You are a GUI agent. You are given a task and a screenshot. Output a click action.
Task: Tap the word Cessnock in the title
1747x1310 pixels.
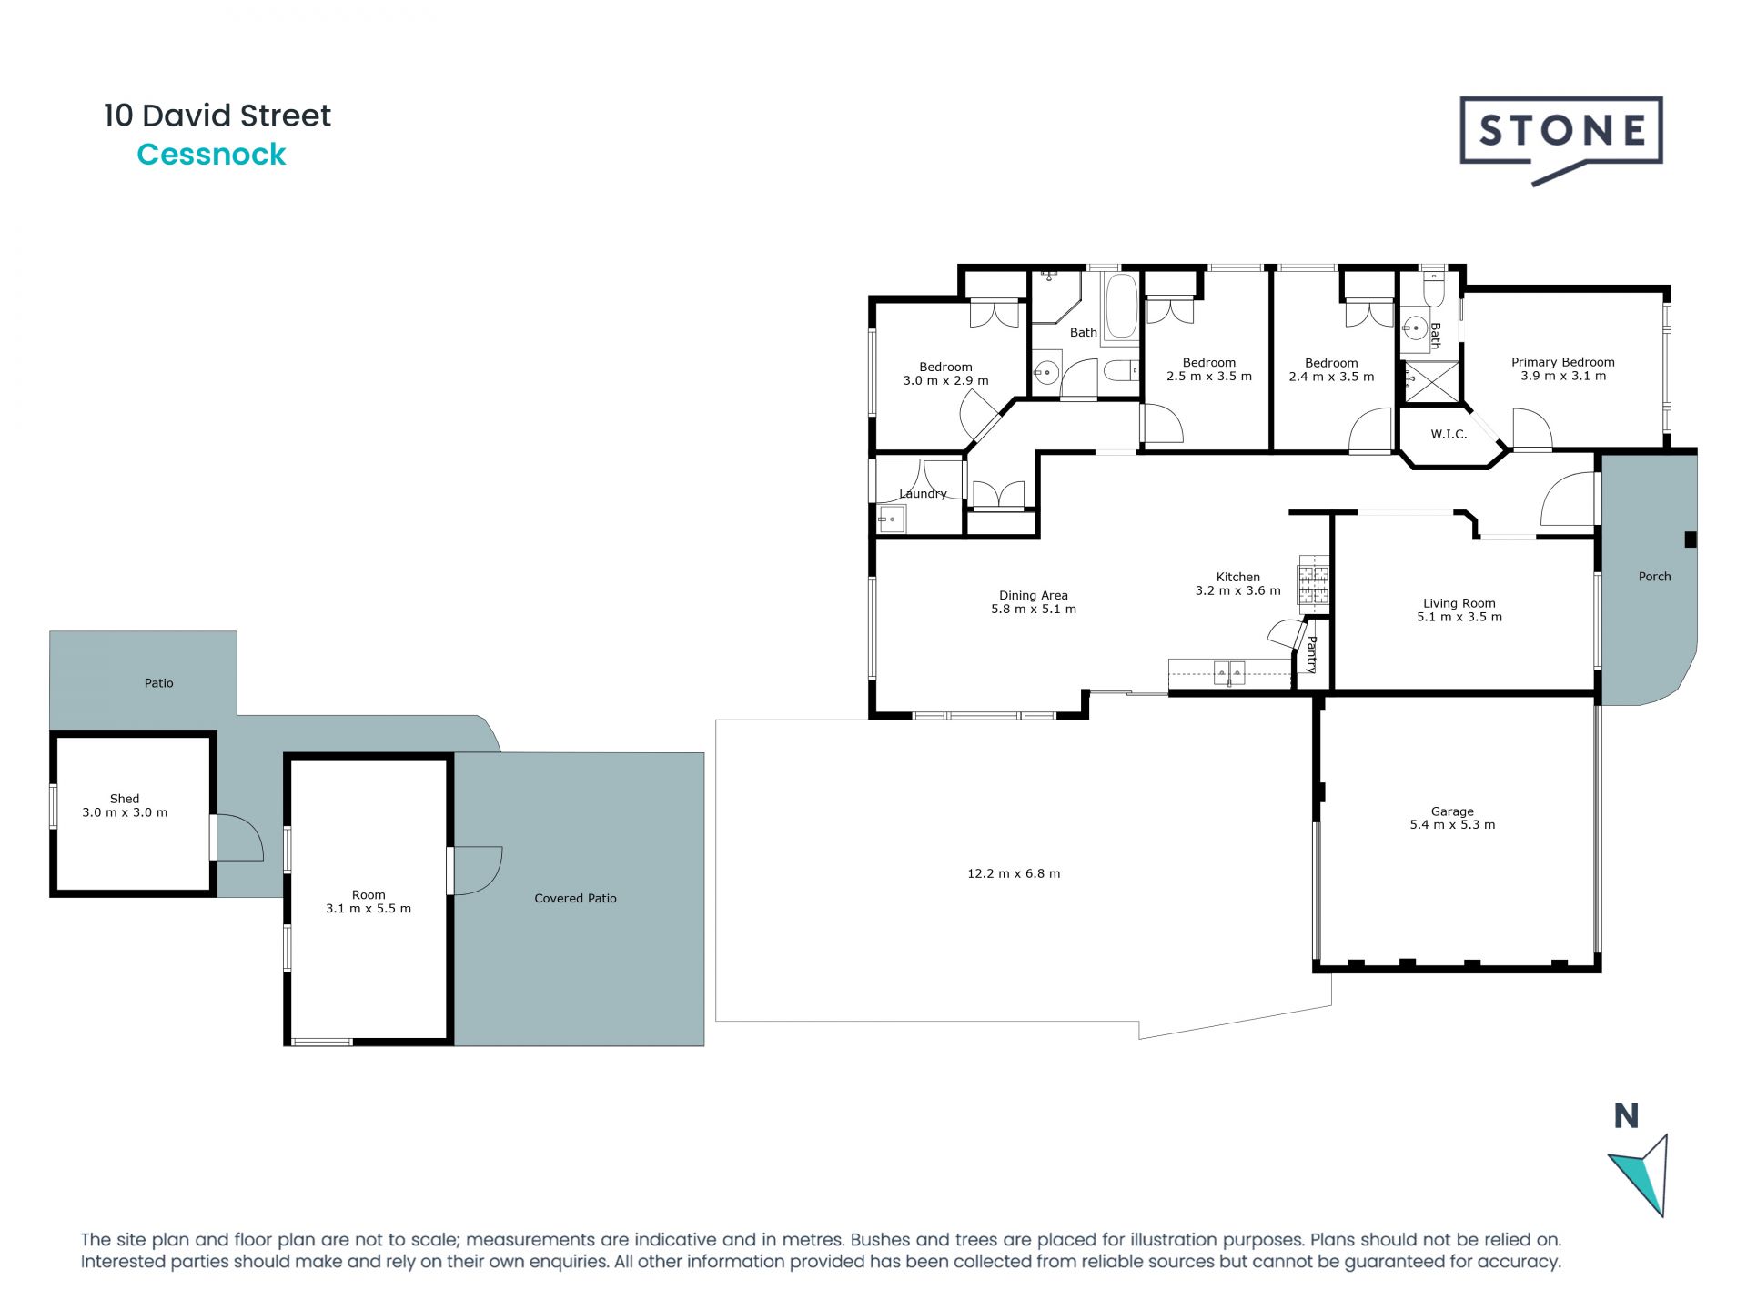coord(211,155)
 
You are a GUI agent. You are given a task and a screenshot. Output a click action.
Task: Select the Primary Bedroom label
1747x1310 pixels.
coord(1562,362)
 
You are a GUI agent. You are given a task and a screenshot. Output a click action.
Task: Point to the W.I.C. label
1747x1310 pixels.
coord(1449,435)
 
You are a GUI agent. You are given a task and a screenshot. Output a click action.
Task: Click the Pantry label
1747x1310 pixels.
coord(1311,654)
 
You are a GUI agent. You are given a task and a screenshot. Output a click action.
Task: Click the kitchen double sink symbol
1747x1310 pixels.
coord(1229,674)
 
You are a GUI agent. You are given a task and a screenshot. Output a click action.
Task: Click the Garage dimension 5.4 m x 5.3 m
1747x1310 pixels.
coord(1452,825)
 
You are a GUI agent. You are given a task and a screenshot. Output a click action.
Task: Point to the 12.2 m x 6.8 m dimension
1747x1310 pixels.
coord(1014,873)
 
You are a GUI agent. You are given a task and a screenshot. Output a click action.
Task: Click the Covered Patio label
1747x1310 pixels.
coord(575,898)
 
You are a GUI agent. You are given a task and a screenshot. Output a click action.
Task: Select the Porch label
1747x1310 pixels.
coord(1654,577)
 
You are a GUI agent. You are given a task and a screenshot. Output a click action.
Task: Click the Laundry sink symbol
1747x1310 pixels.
coord(890,520)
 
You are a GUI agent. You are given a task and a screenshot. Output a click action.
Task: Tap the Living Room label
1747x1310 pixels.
coord(1459,603)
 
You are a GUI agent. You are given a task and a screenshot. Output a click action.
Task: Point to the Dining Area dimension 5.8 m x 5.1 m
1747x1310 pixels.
coord(1033,610)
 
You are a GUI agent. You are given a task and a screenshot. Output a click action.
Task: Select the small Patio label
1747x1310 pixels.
coord(158,683)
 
